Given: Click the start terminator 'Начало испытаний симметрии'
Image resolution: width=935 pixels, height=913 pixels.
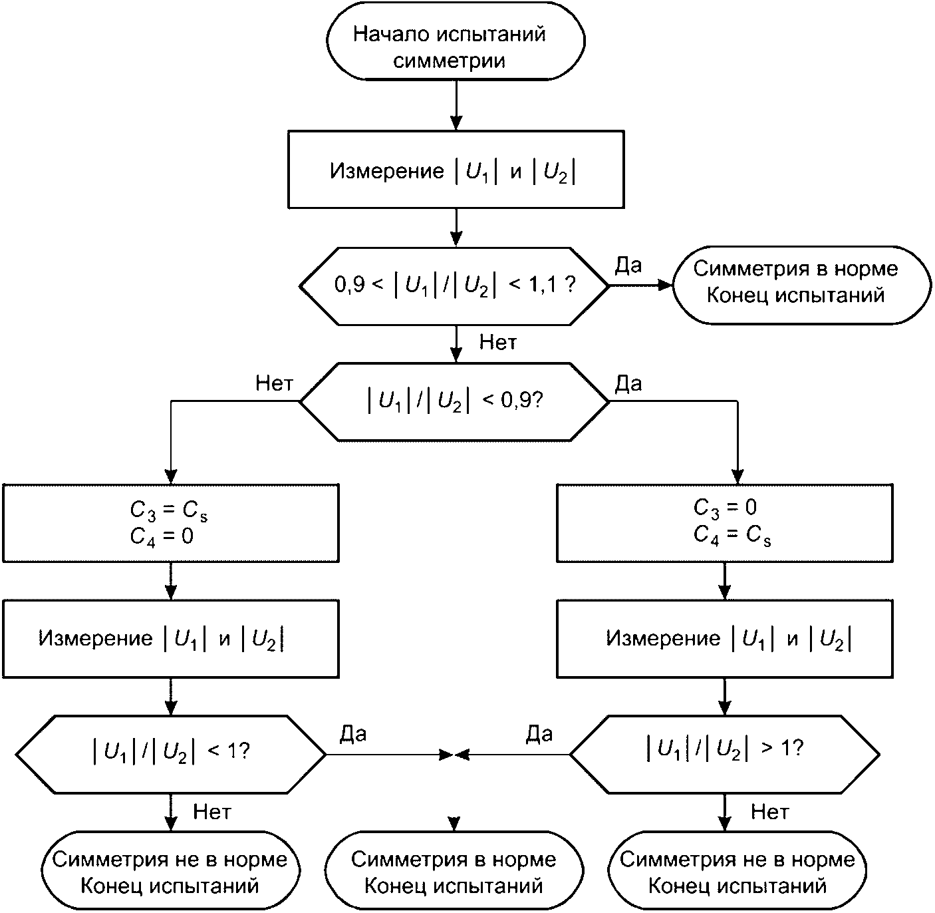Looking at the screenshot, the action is point(456,41).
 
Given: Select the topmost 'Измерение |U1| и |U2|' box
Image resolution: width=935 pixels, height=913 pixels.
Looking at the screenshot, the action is point(456,169).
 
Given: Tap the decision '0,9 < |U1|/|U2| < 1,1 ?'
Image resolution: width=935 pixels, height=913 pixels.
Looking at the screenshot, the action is point(454,287).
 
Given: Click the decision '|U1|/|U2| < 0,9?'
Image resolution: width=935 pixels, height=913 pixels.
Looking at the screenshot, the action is point(454,401).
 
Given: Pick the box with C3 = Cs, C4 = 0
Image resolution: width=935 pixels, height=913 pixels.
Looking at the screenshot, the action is point(171,523).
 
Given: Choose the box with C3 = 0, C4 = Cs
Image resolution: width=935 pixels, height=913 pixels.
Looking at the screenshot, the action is point(725,523).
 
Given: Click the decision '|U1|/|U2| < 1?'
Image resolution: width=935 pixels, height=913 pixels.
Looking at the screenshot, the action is point(171,755).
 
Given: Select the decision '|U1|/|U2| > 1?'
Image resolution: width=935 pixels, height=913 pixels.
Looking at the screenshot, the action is point(725,755).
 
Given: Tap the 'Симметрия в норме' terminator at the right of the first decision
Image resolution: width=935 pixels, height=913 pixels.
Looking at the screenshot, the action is point(801,285).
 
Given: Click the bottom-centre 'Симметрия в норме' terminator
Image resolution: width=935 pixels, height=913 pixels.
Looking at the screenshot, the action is point(454,870).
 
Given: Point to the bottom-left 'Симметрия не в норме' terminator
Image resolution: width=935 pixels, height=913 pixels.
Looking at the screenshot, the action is point(170,870).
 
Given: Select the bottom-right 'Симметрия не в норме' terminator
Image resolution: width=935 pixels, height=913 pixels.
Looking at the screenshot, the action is point(737,870).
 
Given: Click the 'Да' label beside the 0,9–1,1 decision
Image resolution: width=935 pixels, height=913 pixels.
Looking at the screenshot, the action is point(628,265).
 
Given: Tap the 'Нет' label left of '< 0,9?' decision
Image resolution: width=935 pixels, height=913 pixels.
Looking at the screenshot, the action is point(274,383).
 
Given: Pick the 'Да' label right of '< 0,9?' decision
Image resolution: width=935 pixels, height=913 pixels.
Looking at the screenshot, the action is point(628,383).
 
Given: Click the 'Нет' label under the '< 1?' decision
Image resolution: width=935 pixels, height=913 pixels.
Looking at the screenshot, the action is point(212,812).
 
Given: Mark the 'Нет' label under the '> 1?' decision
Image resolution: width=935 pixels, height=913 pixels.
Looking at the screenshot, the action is point(769,812).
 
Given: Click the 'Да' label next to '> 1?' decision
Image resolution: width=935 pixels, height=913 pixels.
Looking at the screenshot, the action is point(539,734).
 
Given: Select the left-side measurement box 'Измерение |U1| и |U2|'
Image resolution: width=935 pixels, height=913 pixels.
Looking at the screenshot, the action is point(171,639).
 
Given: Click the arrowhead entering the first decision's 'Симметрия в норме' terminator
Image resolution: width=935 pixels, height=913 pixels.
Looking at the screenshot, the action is point(665,285).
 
